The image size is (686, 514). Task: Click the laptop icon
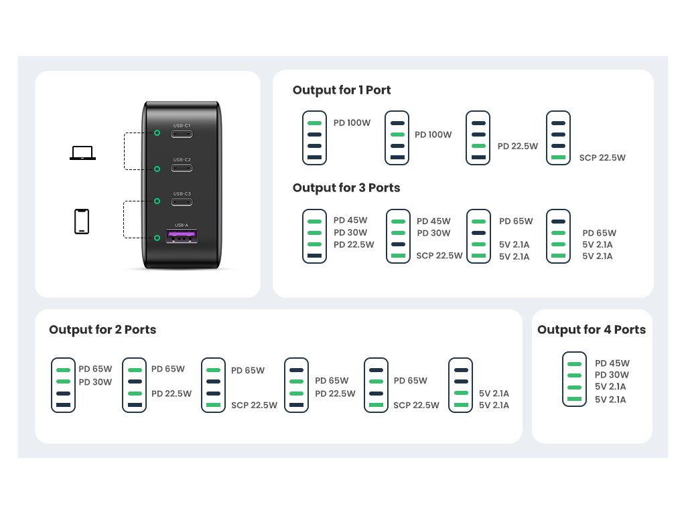(82, 153)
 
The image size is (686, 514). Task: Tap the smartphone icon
(82, 222)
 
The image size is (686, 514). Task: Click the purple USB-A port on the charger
(182, 236)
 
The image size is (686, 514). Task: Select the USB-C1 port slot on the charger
(182, 134)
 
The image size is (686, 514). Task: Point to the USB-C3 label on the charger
(182, 193)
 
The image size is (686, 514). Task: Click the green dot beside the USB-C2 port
(157, 169)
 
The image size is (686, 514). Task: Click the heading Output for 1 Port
(342, 90)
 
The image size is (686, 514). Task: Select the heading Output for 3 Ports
(346, 188)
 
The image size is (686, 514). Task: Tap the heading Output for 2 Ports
(102, 329)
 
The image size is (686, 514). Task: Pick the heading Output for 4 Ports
(592, 329)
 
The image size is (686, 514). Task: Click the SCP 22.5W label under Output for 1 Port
(602, 158)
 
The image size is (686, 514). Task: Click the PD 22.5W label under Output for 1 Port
(518, 147)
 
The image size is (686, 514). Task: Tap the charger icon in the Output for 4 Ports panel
(574, 379)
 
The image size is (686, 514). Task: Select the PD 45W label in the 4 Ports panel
(612, 363)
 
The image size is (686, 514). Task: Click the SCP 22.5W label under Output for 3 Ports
(439, 256)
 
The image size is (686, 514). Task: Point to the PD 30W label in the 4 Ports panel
(612, 375)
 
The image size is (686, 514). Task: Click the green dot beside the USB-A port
(157, 238)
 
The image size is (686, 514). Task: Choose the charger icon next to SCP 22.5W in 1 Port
(558, 138)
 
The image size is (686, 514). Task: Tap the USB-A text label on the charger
(182, 225)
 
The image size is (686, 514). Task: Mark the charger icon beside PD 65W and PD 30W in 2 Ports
(64, 385)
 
